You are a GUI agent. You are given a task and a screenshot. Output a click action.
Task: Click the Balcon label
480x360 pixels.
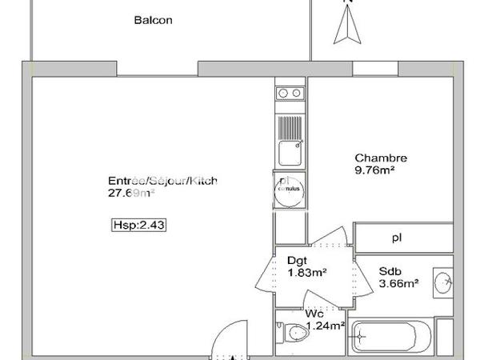(x=153, y=21)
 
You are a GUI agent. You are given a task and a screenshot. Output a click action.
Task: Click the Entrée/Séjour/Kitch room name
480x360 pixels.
(x=162, y=181)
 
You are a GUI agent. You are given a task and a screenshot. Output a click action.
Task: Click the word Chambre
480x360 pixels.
(x=381, y=158)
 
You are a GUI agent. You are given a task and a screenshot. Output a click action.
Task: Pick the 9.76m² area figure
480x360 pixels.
(x=376, y=170)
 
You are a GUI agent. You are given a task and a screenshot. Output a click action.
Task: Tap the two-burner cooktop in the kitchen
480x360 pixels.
(x=289, y=94)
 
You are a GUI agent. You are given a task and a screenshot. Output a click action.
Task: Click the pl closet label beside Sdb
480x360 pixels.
(x=397, y=238)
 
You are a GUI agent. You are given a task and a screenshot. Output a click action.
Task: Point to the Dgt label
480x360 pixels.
(x=296, y=260)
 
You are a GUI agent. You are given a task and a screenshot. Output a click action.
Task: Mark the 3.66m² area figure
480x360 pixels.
(x=399, y=282)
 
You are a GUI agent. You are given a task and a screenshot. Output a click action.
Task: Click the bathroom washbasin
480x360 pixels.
(x=445, y=282)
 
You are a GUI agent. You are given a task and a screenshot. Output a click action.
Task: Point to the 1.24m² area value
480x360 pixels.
(x=326, y=326)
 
